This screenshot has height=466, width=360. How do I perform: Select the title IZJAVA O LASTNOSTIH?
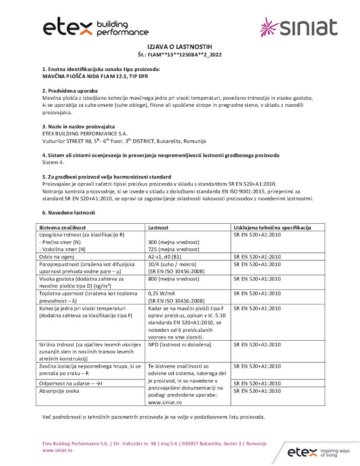180,47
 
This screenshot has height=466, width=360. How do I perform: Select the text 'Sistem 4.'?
53,162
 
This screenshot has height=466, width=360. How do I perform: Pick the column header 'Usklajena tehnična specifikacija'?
272,228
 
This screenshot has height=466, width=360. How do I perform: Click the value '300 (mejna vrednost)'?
173,242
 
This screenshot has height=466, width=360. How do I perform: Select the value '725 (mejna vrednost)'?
173,249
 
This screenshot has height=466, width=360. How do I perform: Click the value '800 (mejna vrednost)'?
173,279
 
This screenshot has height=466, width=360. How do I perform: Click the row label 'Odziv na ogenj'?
58,257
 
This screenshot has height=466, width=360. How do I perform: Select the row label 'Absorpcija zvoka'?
59,391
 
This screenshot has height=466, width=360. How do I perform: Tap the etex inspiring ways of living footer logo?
318,452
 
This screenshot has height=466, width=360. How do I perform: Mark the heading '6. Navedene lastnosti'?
68,213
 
